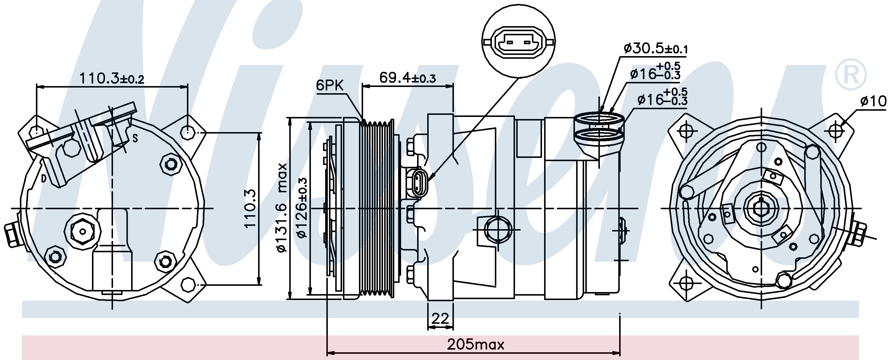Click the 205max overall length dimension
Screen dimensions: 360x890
(476, 345)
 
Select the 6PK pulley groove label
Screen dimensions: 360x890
(330, 86)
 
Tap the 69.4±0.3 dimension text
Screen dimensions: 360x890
(407, 78)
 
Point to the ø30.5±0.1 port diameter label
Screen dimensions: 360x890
(655, 49)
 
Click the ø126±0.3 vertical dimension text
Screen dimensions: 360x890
(302, 208)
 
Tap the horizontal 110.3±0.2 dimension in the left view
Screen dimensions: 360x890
(112, 78)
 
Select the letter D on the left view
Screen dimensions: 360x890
(44, 179)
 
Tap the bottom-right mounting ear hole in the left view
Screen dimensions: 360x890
(188, 284)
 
